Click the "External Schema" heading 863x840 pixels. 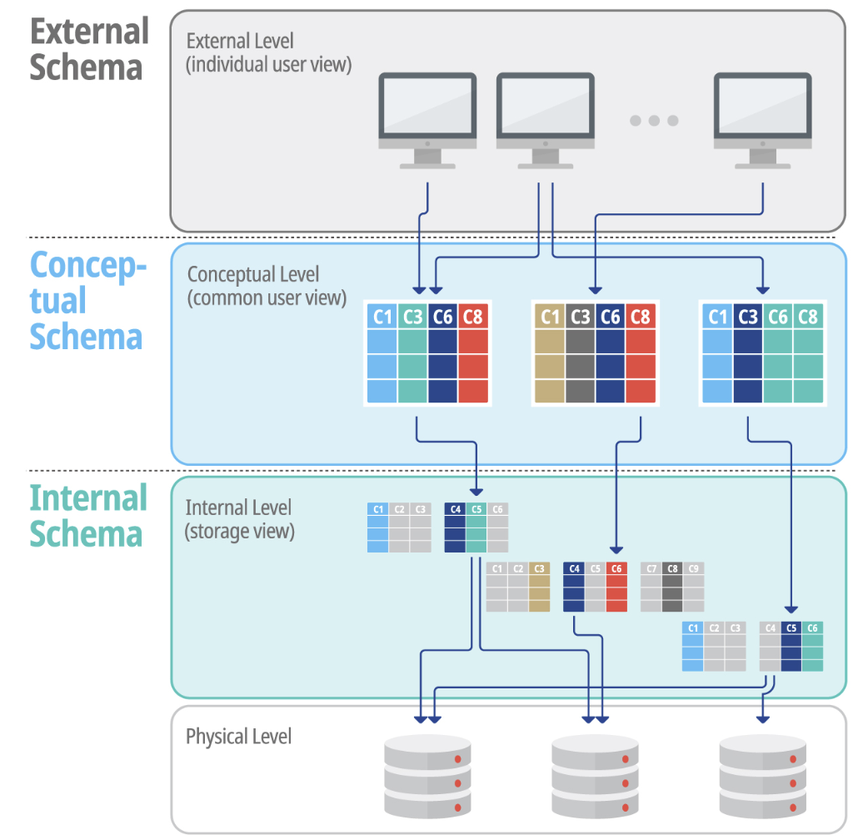click(89, 49)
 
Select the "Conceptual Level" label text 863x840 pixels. click(253, 275)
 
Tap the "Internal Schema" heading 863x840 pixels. click(88, 516)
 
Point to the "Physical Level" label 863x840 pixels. click(238, 737)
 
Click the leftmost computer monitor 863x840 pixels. click(427, 117)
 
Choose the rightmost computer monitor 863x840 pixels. click(763, 117)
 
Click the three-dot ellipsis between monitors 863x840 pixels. click(654, 121)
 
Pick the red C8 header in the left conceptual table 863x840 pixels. click(472, 317)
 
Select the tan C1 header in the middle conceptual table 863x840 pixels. click(550, 317)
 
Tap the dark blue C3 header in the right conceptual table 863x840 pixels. click(748, 317)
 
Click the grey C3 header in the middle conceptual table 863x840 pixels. click(580, 317)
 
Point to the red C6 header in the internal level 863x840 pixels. click(616, 569)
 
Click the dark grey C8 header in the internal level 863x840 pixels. click(672, 569)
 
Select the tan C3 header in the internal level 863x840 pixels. click(539, 569)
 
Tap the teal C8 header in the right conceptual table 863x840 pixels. click(808, 317)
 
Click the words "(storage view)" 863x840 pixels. click(239, 531)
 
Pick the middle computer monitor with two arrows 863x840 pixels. click(545, 117)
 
